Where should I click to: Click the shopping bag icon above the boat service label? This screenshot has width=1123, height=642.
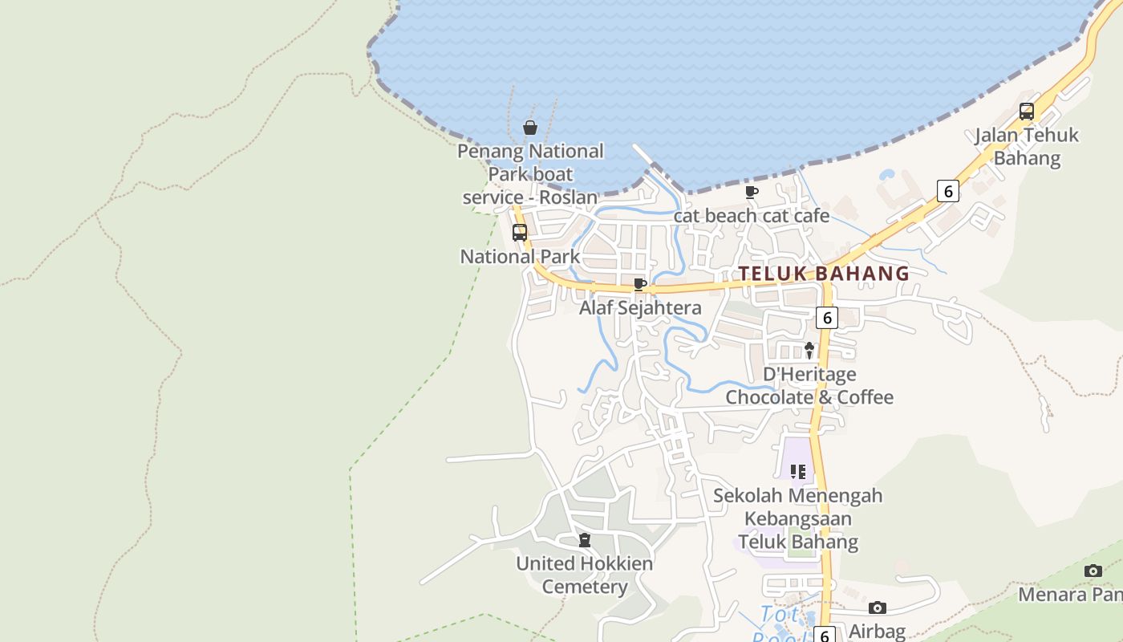(529, 128)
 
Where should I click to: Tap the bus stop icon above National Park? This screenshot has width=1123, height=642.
(520, 233)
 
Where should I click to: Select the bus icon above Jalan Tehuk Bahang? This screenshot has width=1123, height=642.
(1026, 112)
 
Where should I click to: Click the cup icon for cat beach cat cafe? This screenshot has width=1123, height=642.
(752, 192)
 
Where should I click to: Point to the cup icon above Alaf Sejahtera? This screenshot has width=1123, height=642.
(639, 284)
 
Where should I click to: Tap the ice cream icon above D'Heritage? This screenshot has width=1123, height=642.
(809, 350)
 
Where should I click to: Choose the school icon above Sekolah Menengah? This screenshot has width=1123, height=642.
(797, 471)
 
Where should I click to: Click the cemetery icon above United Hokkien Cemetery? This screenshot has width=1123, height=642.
(585, 540)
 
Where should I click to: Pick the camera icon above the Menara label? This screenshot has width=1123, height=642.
(1093, 571)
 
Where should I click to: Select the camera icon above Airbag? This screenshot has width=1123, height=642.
(878, 607)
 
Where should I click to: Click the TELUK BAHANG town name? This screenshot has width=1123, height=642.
(824, 274)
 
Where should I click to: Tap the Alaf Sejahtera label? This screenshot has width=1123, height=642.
(640, 307)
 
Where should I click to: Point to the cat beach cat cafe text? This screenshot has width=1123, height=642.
(752, 215)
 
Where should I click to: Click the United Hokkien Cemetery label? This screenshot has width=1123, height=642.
(584, 575)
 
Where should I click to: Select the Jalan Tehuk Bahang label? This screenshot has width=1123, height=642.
(1027, 146)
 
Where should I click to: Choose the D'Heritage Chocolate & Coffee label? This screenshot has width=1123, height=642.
(809, 385)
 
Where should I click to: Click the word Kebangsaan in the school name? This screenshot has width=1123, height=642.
(797, 518)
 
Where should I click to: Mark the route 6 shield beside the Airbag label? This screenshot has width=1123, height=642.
(825, 635)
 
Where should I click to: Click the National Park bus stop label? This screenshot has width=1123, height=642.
(520, 257)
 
